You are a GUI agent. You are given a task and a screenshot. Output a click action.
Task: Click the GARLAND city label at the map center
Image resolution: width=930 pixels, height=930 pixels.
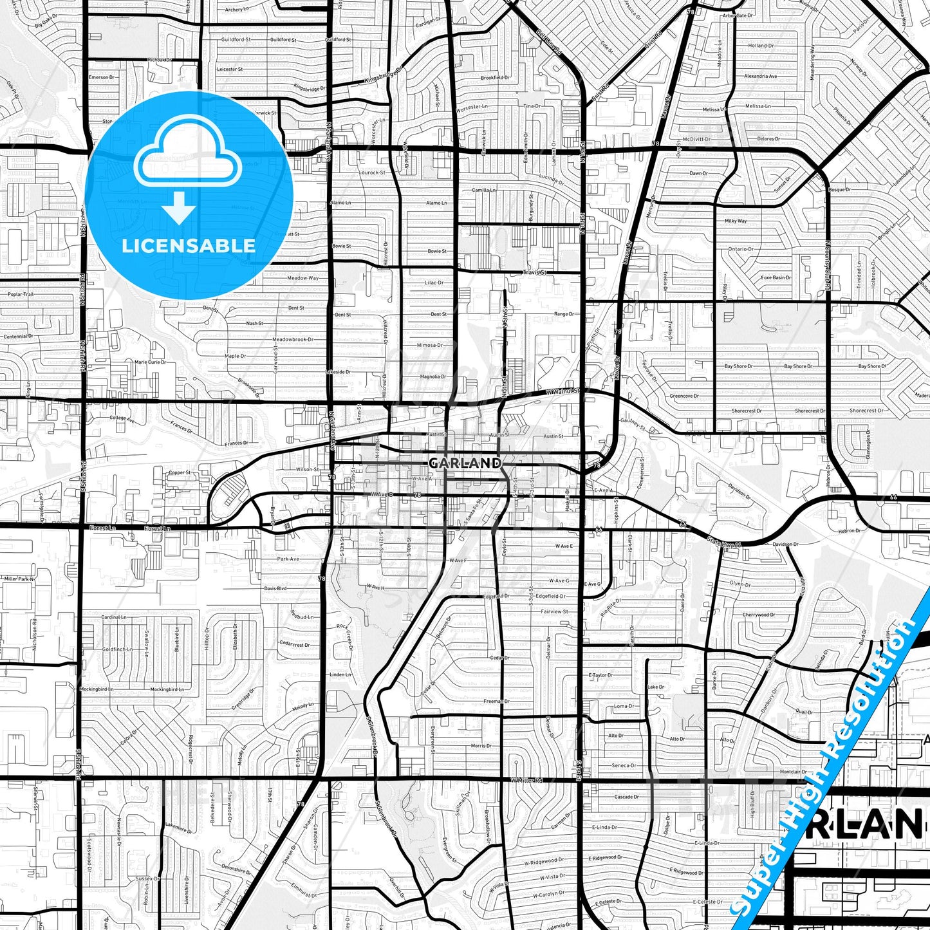(x=465, y=463)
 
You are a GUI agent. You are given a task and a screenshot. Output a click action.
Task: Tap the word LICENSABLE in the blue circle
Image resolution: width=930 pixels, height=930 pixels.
(x=189, y=245)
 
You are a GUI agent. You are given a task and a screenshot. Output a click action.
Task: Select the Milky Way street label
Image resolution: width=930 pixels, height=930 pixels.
(x=736, y=221)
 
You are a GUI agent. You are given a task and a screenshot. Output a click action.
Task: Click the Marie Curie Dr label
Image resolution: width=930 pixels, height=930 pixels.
(x=150, y=362)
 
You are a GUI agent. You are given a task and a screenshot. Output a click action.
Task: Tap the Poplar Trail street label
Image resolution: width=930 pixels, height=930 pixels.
(x=20, y=294)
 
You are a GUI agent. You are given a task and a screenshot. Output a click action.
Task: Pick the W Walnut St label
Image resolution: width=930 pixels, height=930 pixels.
(x=563, y=391)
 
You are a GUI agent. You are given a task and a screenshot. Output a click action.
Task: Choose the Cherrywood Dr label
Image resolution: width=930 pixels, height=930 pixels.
(x=759, y=615)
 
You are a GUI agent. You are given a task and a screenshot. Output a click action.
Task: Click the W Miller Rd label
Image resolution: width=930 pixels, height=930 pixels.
(x=527, y=780)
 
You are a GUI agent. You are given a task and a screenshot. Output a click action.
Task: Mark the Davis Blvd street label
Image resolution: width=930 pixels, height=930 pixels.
(x=275, y=588)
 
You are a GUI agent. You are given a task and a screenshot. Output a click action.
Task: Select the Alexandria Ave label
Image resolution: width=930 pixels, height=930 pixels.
(x=760, y=76)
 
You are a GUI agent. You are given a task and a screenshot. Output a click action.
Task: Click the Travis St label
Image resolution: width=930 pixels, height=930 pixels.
(x=535, y=272)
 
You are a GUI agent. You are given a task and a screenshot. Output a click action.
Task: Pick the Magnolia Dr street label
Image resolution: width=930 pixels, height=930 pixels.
(x=432, y=377)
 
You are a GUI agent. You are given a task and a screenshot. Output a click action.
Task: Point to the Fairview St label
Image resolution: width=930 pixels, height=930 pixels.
(x=554, y=611)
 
